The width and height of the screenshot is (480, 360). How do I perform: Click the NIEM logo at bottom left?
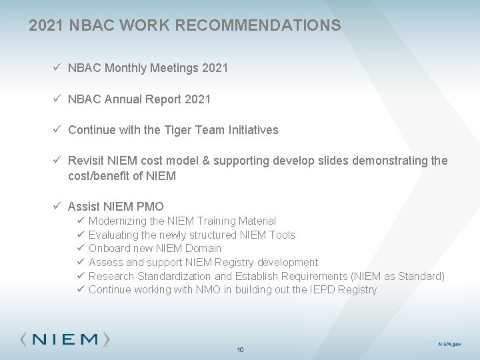(x=65, y=339)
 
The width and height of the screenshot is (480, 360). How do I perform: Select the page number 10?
(x=241, y=349)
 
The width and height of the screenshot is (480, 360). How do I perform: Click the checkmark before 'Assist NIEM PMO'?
(x=59, y=207)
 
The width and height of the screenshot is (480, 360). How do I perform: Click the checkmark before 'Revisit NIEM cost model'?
(x=59, y=161)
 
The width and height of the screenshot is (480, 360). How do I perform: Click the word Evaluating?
(x=113, y=235)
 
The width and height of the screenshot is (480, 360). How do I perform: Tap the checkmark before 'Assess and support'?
(x=79, y=263)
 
